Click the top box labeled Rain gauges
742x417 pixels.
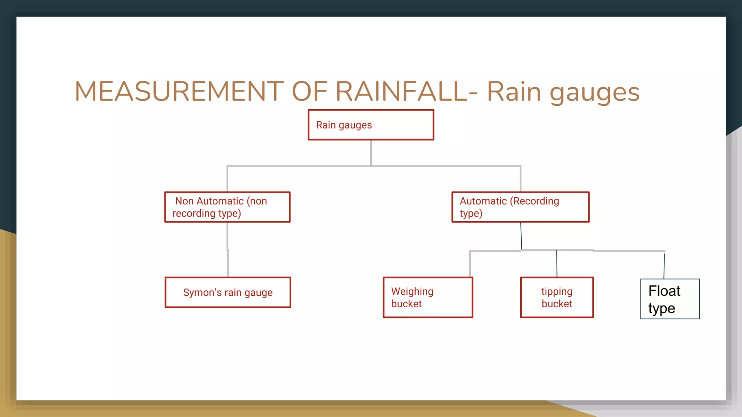(x=371, y=125)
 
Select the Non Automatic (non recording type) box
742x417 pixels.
(x=227, y=207)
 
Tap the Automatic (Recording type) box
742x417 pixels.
(x=520, y=207)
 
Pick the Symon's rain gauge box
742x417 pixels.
(x=228, y=292)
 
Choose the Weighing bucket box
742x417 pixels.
(x=428, y=298)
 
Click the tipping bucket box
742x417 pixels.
(x=557, y=298)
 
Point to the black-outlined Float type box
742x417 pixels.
(x=670, y=299)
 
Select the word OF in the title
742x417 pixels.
(x=309, y=91)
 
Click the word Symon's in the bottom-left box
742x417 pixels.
(x=202, y=292)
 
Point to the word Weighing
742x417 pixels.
(x=412, y=291)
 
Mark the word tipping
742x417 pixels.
(x=557, y=291)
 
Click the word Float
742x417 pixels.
(x=664, y=291)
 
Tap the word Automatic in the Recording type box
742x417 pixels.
(x=483, y=201)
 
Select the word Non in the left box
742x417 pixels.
(x=184, y=201)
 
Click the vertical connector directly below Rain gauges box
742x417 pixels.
(x=371, y=153)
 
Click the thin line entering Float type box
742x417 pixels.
(x=664, y=266)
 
